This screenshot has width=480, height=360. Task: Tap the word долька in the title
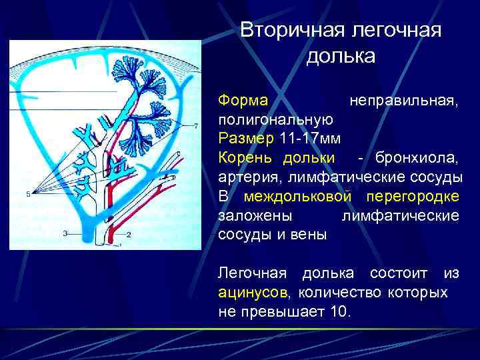tap(341, 57)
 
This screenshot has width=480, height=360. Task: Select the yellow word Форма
tap(243, 101)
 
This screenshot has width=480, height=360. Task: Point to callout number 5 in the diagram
tap(29, 194)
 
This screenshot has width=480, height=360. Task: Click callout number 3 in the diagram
tap(65, 233)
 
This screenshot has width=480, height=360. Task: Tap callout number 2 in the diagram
tap(129, 235)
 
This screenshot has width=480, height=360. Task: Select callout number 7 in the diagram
tap(196, 125)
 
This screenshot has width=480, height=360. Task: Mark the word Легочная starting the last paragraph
tap(253, 273)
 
